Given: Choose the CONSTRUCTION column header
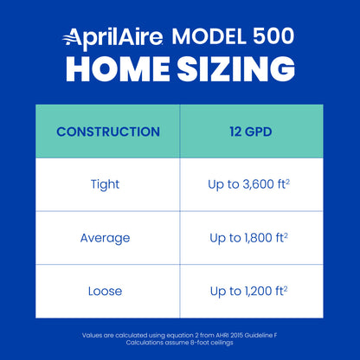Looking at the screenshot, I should [x=107, y=132].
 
